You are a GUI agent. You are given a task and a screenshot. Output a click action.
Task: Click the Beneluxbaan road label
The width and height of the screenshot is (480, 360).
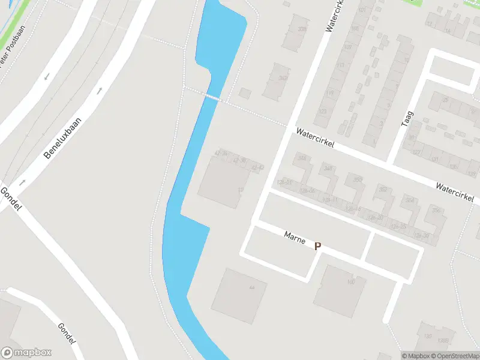[62, 137]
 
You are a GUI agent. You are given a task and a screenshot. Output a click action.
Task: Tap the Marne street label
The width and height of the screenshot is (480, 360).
[295, 238]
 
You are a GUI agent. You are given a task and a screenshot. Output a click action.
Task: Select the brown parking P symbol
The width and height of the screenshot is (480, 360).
[318, 246]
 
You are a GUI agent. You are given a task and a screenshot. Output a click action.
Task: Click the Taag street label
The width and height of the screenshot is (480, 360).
[407, 118]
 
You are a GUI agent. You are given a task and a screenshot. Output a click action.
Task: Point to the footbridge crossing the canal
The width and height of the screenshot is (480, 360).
[213, 97]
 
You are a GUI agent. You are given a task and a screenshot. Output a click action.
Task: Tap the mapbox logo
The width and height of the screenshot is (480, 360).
[26, 353]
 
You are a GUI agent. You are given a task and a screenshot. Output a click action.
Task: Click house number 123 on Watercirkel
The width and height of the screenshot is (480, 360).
[323, 112]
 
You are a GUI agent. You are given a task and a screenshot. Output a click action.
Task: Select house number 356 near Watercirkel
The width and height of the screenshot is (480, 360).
[437, 211]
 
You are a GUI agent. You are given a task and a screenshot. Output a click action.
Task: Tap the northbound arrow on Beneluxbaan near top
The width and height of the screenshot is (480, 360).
[100, 91]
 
